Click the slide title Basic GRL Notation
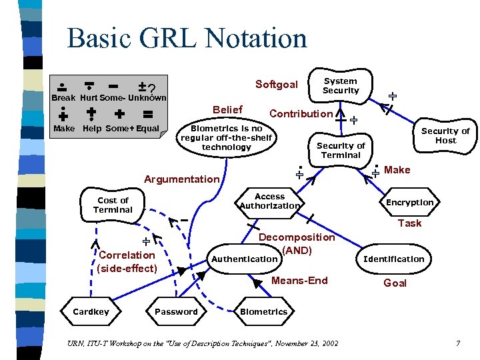(x=187, y=38)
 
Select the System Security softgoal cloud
(x=340, y=86)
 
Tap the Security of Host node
(x=445, y=136)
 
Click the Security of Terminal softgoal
(x=341, y=151)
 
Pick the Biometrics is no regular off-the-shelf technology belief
(x=227, y=137)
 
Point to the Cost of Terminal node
(x=113, y=205)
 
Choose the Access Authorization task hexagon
(x=269, y=201)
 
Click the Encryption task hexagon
(x=409, y=203)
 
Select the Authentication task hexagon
(x=244, y=259)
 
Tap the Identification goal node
(x=393, y=259)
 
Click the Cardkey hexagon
(x=91, y=311)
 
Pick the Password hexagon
(x=176, y=311)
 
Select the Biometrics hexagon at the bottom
(x=263, y=311)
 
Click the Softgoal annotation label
(x=276, y=85)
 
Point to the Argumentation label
(x=181, y=179)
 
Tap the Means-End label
(x=299, y=281)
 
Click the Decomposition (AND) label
(x=297, y=243)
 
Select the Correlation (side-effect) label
(x=127, y=261)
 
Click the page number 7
(x=458, y=343)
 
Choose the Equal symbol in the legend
(x=147, y=114)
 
